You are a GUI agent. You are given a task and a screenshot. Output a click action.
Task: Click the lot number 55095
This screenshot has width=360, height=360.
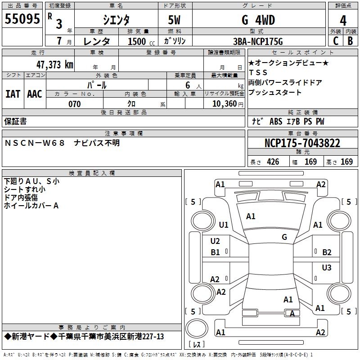click(22, 19)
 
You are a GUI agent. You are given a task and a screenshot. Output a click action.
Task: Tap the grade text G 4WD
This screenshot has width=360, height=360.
click(258, 20)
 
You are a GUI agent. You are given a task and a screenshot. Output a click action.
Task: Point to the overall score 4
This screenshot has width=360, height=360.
click(343, 20)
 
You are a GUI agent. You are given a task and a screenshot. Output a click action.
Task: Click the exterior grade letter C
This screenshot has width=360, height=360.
click(335, 40)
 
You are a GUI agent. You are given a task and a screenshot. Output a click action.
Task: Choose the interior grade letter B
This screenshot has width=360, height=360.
click(350, 40)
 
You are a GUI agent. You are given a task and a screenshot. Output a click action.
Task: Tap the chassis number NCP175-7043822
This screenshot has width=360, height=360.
click(302, 143)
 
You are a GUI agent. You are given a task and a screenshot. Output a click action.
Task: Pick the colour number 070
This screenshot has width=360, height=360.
click(74, 104)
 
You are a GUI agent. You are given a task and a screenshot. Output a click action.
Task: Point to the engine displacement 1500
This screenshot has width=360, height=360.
click(137, 41)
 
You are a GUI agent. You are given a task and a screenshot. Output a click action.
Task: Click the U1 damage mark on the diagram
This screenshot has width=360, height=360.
click(223, 225)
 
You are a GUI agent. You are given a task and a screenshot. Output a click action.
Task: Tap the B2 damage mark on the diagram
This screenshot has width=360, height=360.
click(327, 252)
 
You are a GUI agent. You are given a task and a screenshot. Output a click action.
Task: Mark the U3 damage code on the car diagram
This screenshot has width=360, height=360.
click(326, 268)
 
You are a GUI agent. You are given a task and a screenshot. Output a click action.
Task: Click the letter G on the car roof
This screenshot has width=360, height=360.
click(284, 237)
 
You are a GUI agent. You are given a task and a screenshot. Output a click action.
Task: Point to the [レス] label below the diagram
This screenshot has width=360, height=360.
click(197, 345)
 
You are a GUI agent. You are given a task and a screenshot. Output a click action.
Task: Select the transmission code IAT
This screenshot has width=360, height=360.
click(13, 94)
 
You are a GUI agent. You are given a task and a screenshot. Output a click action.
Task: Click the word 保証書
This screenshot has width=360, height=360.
click(15, 121)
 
